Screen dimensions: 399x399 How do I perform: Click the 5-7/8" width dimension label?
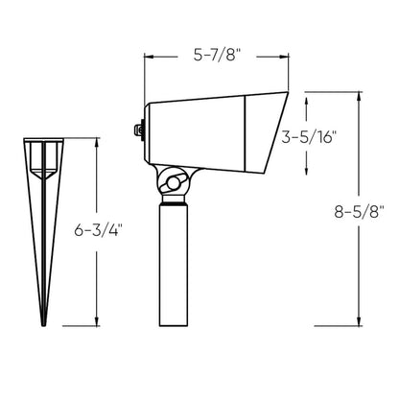217,56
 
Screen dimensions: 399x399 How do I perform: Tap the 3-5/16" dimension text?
309,137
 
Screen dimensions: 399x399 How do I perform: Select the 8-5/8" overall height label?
359,211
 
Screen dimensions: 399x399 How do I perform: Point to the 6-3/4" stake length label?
98,229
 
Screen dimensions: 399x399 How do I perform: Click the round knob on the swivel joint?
174,183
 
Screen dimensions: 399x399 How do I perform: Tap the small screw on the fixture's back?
138,129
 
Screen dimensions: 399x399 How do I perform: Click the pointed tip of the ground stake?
43,324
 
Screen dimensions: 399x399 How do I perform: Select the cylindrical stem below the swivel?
174,266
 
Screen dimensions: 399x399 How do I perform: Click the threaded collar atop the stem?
174,199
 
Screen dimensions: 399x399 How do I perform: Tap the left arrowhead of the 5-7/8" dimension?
149,57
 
